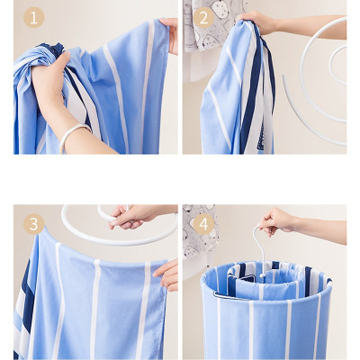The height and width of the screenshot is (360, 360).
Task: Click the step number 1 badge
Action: pyautogui.click(x=33, y=17)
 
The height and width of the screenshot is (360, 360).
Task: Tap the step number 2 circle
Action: pyautogui.click(x=202, y=17)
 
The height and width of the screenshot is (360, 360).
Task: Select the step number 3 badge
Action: pyautogui.click(x=33, y=223)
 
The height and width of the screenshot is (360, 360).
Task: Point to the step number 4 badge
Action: pyautogui.click(x=202, y=223)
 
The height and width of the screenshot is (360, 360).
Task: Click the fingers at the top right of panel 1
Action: pyautogui.click(x=170, y=33)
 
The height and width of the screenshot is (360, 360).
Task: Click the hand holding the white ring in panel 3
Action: pyautogui.click(x=132, y=215)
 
